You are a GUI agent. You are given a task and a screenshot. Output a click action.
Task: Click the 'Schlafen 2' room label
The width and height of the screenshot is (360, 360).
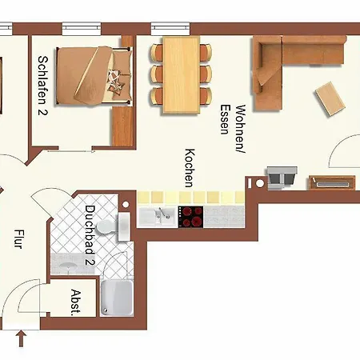tap(42, 85)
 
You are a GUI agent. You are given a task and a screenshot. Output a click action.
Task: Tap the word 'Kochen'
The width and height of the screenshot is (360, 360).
tap(190, 168)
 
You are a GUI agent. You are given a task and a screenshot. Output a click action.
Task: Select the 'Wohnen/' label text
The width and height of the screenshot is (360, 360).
tap(241, 129)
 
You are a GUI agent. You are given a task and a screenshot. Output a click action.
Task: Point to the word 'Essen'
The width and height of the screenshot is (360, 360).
tap(226, 119)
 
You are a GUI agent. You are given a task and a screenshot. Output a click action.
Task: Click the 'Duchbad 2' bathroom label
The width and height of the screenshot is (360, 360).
tap(90, 235)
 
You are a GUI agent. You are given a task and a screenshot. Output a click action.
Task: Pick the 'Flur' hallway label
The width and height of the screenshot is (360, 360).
tap(18, 239)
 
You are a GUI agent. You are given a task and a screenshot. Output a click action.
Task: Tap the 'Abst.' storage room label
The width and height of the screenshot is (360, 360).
tap(76, 302)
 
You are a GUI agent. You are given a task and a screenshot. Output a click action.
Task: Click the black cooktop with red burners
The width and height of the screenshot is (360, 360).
tap(190, 217)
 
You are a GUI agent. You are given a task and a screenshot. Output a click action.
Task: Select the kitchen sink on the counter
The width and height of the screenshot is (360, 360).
tap(158, 216)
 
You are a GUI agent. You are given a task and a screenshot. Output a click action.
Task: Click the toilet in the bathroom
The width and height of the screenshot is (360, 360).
tap(106, 227)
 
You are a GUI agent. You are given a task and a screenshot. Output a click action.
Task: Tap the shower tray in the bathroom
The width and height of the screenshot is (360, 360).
tap(117, 298)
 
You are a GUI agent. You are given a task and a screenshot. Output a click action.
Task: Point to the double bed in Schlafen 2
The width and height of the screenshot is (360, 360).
tap(94, 76)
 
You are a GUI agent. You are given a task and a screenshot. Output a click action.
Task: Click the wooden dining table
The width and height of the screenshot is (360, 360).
tap(182, 75)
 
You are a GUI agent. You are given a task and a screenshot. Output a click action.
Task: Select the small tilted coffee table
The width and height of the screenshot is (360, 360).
tap(330, 98)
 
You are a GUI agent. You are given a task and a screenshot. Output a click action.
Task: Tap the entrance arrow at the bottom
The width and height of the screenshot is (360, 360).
tap(22, 338)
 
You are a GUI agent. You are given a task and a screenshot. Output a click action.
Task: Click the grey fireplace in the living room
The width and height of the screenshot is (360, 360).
tap(282, 178)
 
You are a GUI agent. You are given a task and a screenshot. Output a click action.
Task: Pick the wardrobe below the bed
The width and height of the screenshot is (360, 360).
tap(122, 126)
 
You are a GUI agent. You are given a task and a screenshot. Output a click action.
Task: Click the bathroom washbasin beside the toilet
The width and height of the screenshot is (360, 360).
tap(124, 226)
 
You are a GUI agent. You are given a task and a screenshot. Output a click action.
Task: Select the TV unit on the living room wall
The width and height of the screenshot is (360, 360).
tap(332, 182)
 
